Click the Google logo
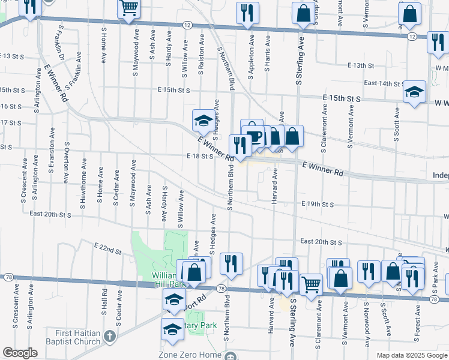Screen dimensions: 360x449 coord(20,353)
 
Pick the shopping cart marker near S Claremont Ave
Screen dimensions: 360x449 coord(311,284)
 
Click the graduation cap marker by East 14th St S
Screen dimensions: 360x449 coord(414,92)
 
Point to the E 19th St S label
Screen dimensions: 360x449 coord(318,205)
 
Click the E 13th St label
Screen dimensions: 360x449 coord(360,65)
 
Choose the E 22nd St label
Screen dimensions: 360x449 coord(107,246)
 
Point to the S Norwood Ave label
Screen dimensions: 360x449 coord(366,323)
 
